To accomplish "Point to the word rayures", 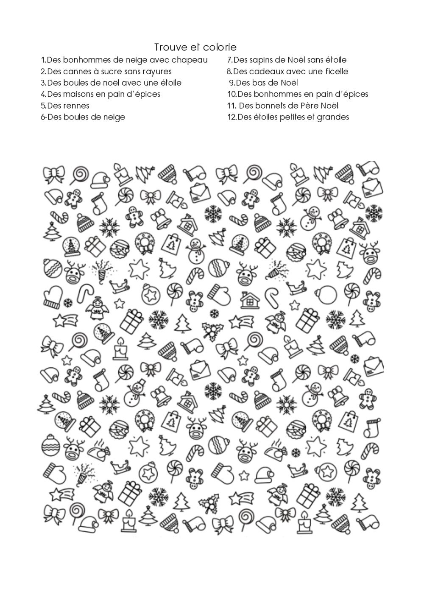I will [x=155, y=72].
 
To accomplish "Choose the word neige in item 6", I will [x=113, y=117].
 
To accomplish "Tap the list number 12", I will [x=232, y=117].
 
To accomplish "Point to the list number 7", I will [x=229, y=60].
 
